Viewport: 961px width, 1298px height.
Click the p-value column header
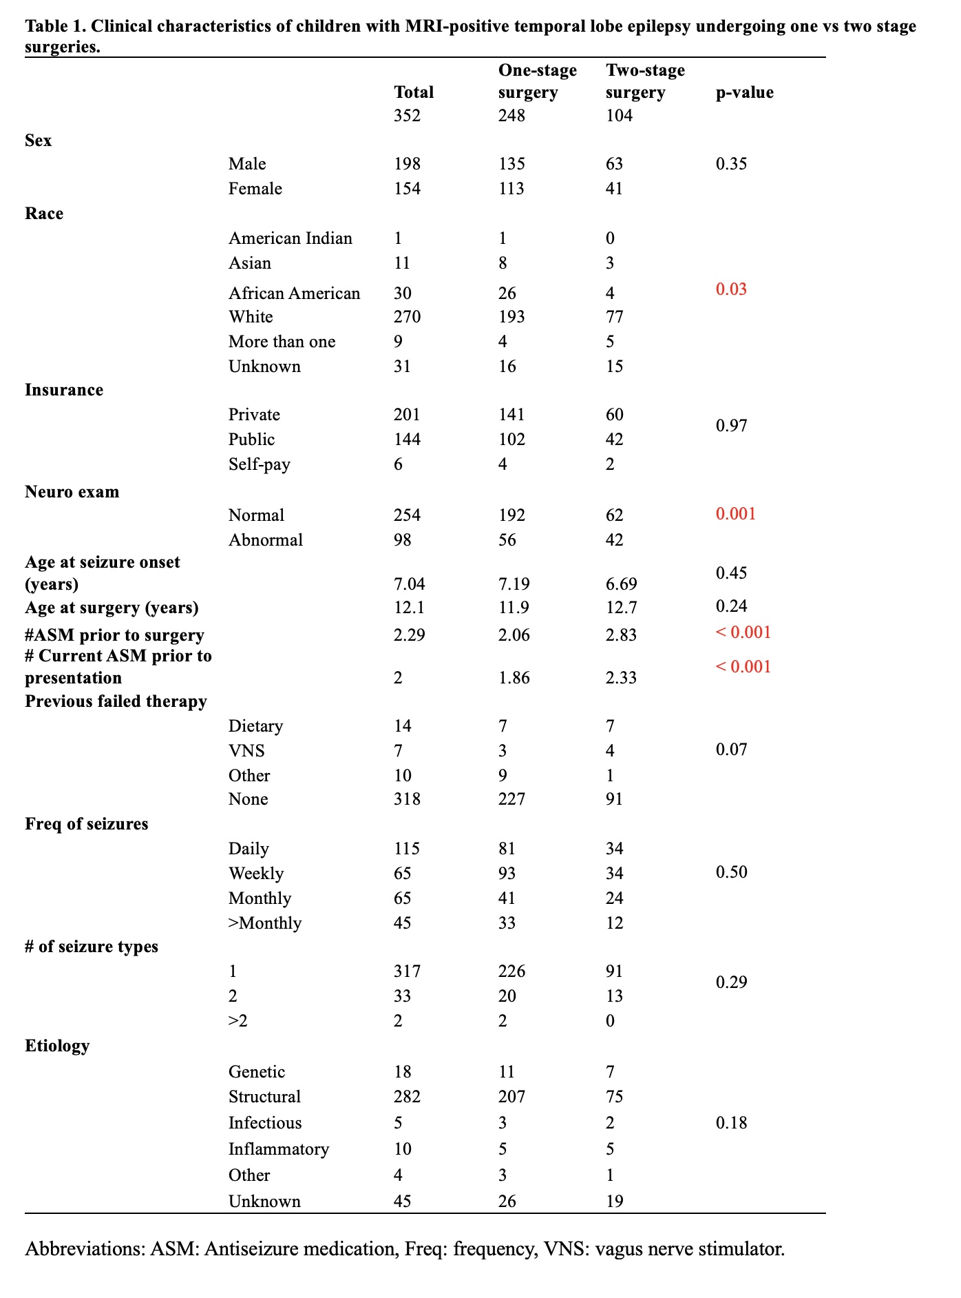(x=744, y=92)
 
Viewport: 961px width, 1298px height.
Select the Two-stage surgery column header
(x=645, y=81)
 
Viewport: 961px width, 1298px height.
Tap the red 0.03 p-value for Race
(x=731, y=289)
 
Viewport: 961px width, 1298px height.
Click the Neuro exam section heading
(x=72, y=492)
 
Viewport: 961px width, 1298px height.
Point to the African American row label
(x=294, y=293)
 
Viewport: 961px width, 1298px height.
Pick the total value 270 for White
(x=407, y=317)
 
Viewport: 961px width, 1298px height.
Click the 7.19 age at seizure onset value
(x=514, y=584)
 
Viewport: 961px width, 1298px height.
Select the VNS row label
(x=246, y=751)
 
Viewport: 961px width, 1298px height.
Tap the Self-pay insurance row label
(x=259, y=464)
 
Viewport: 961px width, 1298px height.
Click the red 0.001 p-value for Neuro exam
(x=736, y=514)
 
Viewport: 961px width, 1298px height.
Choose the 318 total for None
(x=407, y=799)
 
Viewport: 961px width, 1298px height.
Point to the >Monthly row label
(x=264, y=923)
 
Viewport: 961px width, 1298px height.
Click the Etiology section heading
(x=57, y=1046)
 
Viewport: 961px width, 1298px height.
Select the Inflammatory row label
(x=279, y=1149)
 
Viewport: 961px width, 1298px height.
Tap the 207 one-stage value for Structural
(x=511, y=1097)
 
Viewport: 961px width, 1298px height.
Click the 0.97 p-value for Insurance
(x=731, y=426)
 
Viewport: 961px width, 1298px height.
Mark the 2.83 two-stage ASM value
(x=621, y=635)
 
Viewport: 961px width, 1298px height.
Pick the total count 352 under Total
(x=407, y=115)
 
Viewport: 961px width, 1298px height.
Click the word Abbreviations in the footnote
(x=86, y=1249)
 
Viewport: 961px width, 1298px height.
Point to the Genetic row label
(x=257, y=1072)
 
